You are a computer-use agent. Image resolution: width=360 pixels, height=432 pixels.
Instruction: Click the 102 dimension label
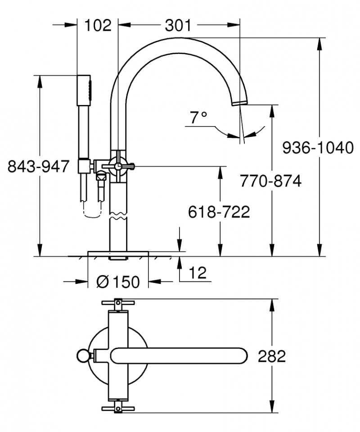coord(97,25)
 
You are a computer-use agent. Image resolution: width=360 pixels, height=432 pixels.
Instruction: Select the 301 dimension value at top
coord(178,25)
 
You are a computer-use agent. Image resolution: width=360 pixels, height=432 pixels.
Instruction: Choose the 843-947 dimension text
coord(39,167)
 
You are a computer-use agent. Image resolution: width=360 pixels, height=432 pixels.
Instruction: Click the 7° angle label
coord(198,118)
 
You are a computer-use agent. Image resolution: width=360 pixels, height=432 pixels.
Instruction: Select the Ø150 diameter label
coord(118,282)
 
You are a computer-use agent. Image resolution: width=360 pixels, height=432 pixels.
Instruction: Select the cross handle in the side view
coord(119,166)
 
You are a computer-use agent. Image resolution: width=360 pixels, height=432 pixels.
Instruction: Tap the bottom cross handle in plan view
coord(118,409)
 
